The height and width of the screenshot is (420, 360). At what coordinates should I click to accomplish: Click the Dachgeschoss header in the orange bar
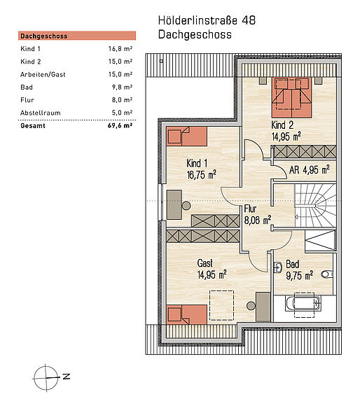pos(44,36)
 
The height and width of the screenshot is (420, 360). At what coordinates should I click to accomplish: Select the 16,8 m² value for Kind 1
pos(120,49)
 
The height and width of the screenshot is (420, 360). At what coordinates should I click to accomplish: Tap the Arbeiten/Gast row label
pos(43,74)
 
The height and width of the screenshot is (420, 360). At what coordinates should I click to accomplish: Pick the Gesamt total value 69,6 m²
pos(120,125)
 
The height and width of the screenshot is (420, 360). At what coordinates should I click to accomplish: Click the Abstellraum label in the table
pos(41,113)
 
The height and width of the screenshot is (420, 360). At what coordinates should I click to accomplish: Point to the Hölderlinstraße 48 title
pos(207,20)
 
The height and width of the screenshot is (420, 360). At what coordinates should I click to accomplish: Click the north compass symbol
pos(46,378)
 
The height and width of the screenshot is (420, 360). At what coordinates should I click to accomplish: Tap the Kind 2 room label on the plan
pos(282,125)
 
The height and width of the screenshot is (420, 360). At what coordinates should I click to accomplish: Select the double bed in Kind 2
pos(292,97)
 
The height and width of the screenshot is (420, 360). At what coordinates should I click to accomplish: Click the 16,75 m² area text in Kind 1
pos(202,175)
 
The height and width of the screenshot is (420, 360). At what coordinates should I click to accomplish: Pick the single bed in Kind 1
pos(186,136)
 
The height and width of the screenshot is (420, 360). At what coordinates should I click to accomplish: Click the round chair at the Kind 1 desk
pos(186,206)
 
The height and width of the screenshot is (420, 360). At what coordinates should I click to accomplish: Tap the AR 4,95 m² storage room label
pos(310,170)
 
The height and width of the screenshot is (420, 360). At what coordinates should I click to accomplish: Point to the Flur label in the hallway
pos(250,209)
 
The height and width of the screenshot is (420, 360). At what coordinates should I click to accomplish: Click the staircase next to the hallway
pos(315,205)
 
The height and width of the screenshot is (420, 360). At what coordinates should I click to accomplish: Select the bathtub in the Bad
pos(303,304)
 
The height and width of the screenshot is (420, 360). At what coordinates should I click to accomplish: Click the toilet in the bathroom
pos(327,274)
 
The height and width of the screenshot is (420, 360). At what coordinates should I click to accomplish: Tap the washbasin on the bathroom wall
pos(278,267)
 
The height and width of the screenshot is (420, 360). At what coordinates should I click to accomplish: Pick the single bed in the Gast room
pos(186,314)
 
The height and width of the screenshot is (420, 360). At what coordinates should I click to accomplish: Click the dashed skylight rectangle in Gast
pos(221,305)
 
